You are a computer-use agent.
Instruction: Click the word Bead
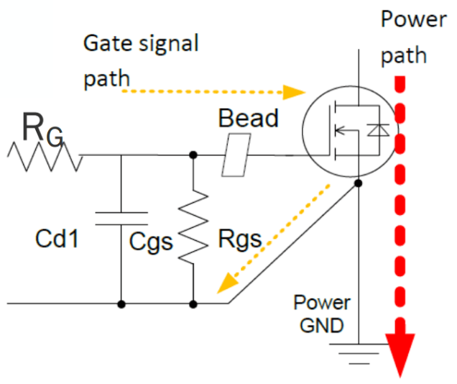[x=248, y=118]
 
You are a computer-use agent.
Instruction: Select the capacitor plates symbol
[x=121, y=218]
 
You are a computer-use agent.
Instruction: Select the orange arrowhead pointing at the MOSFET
[x=292, y=92]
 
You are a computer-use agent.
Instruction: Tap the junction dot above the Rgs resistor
[x=193, y=155]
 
